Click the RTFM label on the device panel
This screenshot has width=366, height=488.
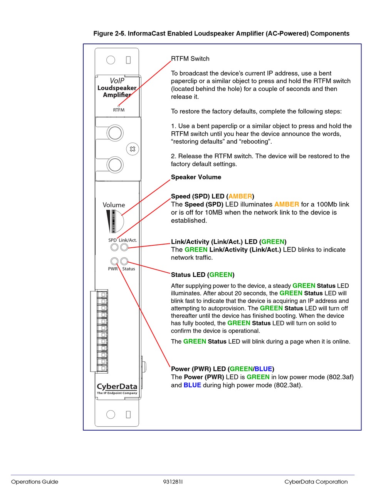tap(119, 110)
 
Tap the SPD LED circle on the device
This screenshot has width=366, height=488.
tap(114, 247)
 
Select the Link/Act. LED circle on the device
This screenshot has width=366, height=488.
tap(124, 247)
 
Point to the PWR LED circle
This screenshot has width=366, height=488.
tap(114, 261)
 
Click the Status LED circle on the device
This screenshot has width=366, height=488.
tap(124, 261)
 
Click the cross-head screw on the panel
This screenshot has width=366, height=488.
tap(132, 149)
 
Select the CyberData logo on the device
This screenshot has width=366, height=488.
tap(117, 387)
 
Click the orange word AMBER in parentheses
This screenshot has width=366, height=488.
tap(240, 196)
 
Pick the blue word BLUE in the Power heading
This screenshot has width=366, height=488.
tap(263, 369)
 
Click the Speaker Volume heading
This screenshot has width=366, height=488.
tap(196, 177)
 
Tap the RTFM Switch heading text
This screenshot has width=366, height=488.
tap(190, 59)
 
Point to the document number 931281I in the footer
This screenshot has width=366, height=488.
tap(173, 481)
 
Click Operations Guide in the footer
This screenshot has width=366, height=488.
tap(35, 481)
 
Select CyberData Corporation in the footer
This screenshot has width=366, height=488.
tap(316, 481)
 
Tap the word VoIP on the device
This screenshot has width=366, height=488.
tap(117, 80)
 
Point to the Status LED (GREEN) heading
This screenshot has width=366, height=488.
tap(203, 275)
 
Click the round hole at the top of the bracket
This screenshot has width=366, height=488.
tap(111, 60)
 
